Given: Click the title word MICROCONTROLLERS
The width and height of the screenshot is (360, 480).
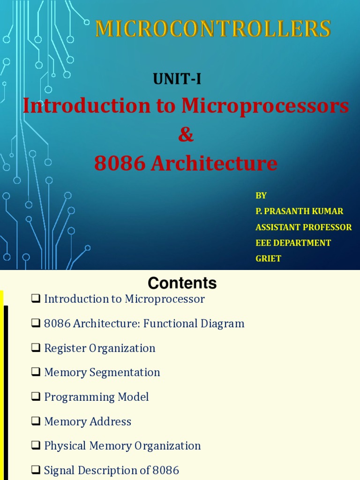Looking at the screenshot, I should pos(213,29).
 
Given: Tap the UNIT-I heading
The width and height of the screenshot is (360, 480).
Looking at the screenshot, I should pos(177,79).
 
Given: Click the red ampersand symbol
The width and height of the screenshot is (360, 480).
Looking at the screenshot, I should pos(186,135).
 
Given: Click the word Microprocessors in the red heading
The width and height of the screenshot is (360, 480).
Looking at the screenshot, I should pos(265,106).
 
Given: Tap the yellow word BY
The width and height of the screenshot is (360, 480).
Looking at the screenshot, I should pos(261,195).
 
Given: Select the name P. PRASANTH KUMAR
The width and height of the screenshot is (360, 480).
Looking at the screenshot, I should pos(300,211).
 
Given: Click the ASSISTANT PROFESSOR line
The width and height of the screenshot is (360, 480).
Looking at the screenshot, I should pos(303,227).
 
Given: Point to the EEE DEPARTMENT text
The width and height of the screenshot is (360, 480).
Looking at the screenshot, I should pos(293,243).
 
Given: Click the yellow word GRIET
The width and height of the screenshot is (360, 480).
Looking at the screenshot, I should pos(268,258).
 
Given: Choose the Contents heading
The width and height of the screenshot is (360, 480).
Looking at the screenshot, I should pos(182,283).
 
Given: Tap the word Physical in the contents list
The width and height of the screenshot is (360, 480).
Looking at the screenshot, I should pos(65,446).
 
